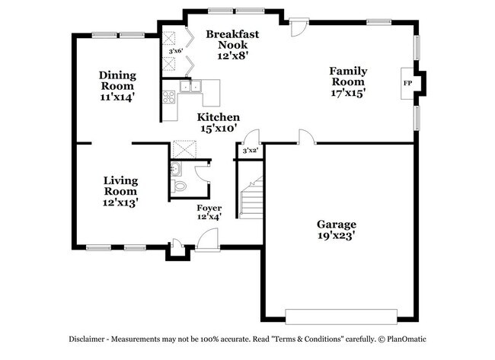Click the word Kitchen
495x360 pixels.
click(x=219, y=117)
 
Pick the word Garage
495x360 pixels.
click(x=337, y=225)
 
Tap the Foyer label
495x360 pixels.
click(x=209, y=208)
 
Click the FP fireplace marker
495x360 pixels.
click(x=407, y=82)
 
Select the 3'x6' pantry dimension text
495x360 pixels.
click(x=176, y=53)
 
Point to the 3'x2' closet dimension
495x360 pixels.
click(x=250, y=151)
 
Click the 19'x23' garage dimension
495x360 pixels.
click(x=337, y=237)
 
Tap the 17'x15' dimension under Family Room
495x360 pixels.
click(x=348, y=93)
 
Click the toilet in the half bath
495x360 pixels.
click(x=180, y=186)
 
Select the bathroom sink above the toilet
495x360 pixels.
click(x=177, y=168)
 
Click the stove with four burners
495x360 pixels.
click(x=168, y=97)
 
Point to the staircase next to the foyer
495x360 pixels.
click(x=251, y=197)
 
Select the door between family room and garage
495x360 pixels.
click(x=306, y=138)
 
